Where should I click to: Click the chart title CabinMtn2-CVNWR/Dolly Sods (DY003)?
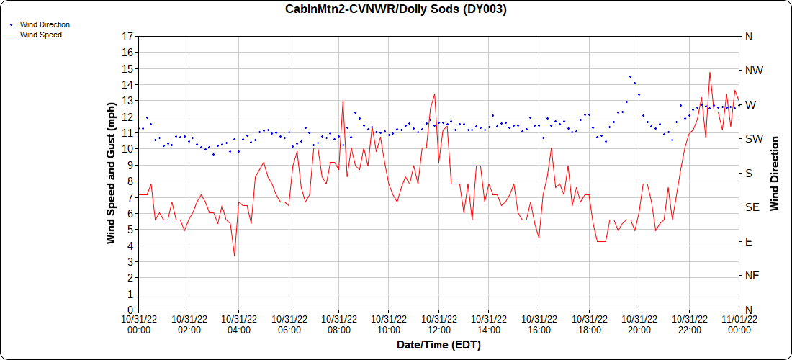[x=396, y=9]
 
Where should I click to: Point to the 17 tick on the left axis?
[x=127, y=36]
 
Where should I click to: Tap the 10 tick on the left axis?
[x=127, y=149]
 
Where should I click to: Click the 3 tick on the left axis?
[x=130, y=261]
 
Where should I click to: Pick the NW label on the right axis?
[x=754, y=71]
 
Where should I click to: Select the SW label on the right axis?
[x=754, y=139]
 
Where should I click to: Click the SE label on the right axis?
[x=752, y=207]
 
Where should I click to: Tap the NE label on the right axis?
[x=752, y=276]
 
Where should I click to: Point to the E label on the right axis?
[x=749, y=241]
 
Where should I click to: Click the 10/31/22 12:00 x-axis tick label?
[x=438, y=323]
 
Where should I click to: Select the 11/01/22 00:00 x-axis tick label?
[x=739, y=323]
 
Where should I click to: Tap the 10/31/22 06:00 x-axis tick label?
[x=289, y=323]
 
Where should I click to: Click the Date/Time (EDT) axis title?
[x=438, y=345]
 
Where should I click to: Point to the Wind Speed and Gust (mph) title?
[x=111, y=173]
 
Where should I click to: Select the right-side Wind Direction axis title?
[x=775, y=173]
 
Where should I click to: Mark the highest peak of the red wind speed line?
[x=710, y=72]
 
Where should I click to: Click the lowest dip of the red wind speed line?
[x=234, y=256]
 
